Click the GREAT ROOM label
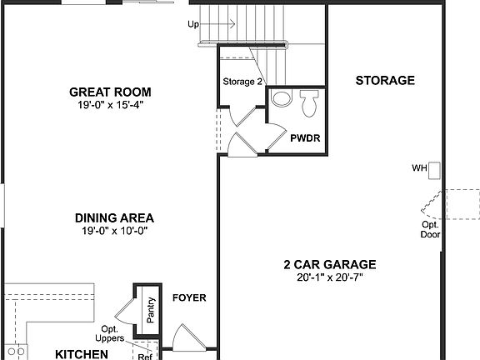pyautogui.click(x=116, y=92)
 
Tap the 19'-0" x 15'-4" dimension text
pyautogui.click(x=116, y=106)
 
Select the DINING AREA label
pyautogui.click(x=115, y=217)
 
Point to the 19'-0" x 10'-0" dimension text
pyautogui.click(x=115, y=231)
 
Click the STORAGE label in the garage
pyautogui.click(x=385, y=81)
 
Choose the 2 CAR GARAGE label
pyautogui.click(x=329, y=264)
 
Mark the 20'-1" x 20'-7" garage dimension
pyautogui.click(x=329, y=278)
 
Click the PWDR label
pyautogui.click(x=301, y=138)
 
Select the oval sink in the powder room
pyautogui.click(x=282, y=101)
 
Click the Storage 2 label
pyautogui.click(x=242, y=82)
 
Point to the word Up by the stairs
pyautogui.click(x=194, y=24)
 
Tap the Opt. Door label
pyautogui.click(x=430, y=229)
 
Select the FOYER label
pyautogui.click(x=189, y=297)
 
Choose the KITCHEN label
pyautogui.click(x=82, y=354)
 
